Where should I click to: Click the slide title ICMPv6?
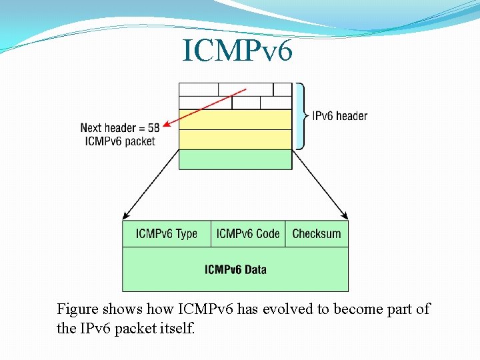tap(237, 51)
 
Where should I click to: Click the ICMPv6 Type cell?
tap(167, 234)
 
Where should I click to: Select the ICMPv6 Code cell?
tap(248, 234)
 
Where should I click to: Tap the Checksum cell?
tap(317, 234)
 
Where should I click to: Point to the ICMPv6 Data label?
tap(235, 270)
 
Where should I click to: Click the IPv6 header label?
tap(340, 116)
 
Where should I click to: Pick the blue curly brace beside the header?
tap(301, 116)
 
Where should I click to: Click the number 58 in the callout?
tap(153, 127)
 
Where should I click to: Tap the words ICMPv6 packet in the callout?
tap(121, 141)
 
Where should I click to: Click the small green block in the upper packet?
tap(235, 159)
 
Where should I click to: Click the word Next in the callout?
tap(92, 127)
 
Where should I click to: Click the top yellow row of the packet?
tap(235, 120)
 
